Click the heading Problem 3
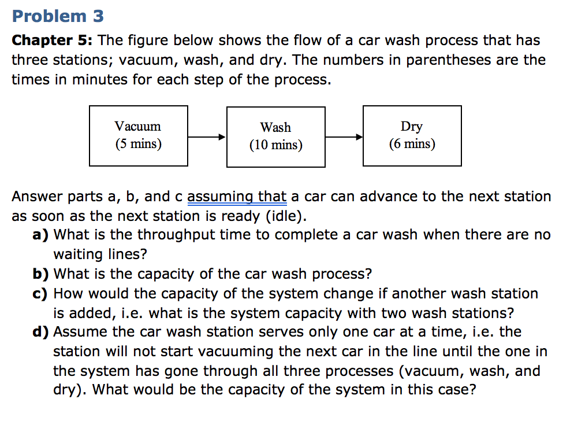click(x=58, y=16)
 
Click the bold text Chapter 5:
click(x=54, y=40)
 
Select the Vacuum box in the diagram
click(x=138, y=135)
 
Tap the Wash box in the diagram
click(x=275, y=136)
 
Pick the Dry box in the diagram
click(x=412, y=135)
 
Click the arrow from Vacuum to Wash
click(x=207, y=137)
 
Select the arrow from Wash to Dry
click(x=344, y=137)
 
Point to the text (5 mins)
click(x=138, y=144)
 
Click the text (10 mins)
click(x=275, y=145)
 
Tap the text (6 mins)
click(x=412, y=144)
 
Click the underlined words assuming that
click(x=237, y=197)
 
